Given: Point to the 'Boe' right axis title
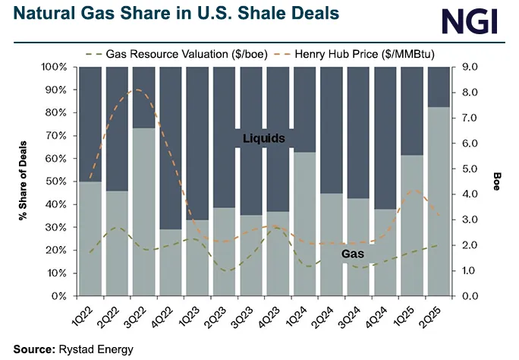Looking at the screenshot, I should [x=497, y=181].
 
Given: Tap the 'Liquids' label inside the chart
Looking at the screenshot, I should [x=263, y=138].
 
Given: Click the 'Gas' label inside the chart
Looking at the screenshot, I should [x=351, y=252].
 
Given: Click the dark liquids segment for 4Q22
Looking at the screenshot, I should [x=171, y=148].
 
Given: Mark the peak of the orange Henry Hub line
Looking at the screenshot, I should [x=137, y=90].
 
